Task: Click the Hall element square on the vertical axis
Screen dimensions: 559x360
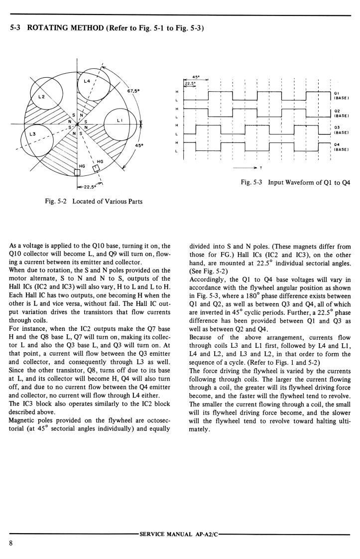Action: point(77,172)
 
